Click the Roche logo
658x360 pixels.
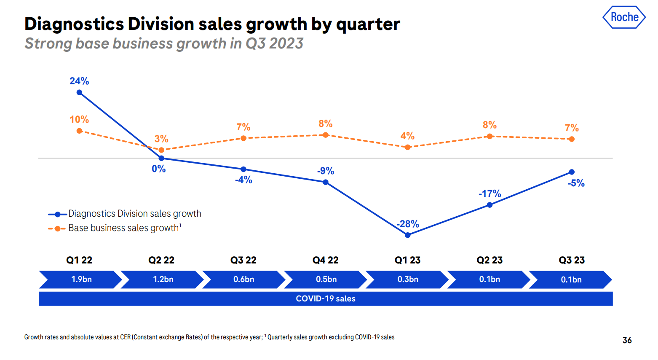click(624, 17)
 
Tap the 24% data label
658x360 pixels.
click(79, 81)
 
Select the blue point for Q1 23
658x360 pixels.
click(407, 235)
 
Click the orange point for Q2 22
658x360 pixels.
click(161, 150)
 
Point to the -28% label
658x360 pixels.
click(408, 224)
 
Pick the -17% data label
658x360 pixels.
click(489, 193)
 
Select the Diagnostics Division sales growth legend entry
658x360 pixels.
click(134, 214)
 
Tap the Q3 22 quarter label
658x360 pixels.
click(243, 260)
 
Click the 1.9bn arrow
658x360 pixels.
click(81, 279)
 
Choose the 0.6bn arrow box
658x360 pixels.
click(244, 279)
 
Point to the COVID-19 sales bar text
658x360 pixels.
click(326, 299)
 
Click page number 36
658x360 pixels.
click(627, 340)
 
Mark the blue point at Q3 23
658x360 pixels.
click(572, 172)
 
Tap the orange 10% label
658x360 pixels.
click(79, 119)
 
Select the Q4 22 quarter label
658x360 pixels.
click(325, 260)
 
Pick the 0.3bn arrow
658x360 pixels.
click(408, 279)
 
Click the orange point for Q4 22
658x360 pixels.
click(326, 135)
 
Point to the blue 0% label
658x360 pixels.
click(159, 169)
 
